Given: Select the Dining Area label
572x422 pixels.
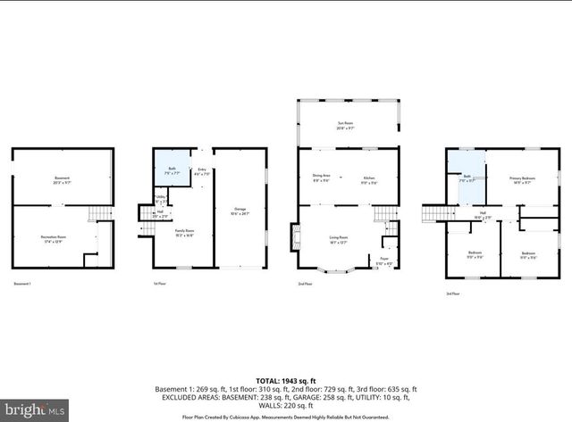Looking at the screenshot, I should tap(321, 178).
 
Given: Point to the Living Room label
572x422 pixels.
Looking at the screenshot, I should tap(338, 238).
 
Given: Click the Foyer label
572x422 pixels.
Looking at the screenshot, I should tap(383, 261).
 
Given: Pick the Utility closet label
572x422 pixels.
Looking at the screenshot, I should tap(160, 199).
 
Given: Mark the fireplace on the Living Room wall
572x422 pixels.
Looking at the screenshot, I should tap(294, 236).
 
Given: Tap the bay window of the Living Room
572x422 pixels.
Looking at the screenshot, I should tap(336, 268).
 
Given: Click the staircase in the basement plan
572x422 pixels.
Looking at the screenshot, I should tap(104, 214).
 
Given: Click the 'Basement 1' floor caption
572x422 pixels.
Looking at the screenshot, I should tap(22, 284).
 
